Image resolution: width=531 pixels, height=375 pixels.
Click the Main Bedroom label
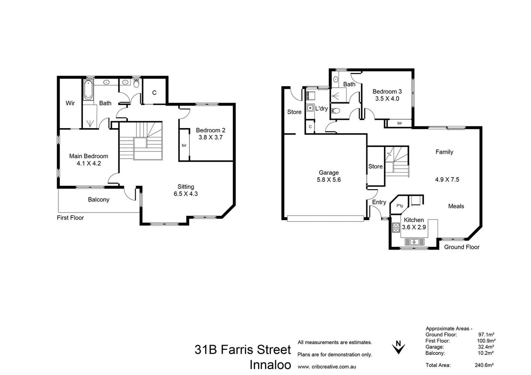[x=89, y=156]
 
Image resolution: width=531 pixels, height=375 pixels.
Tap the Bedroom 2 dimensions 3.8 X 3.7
[x=210, y=137]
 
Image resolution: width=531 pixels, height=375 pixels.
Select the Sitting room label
[x=185, y=186]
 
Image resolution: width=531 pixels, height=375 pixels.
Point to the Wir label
[x=70, y=103]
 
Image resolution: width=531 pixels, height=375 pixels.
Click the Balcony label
[x=98, y=200]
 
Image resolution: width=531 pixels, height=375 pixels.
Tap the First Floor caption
[x=70, y=218]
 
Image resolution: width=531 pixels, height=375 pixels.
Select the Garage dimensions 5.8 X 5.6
[x=329, y=180]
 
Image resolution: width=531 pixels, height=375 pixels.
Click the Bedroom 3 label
[x=387, y=92]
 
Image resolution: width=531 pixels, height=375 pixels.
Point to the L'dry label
[x=321, y=109]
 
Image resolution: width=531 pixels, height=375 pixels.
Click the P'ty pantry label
[x=400, y=206]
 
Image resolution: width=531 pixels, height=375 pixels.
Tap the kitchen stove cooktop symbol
[x=396, y=227]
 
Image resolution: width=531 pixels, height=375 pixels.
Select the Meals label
[x=456, y=206]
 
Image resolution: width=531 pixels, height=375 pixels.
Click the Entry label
[x=379, y=202]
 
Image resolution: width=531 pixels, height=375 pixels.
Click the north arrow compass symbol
[x=398, y=347]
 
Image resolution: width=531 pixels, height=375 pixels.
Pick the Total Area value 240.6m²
[x=484, y=365]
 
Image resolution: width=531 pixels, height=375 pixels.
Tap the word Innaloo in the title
[x=270, y=365]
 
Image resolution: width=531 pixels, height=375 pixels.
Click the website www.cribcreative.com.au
[x=326, y=367]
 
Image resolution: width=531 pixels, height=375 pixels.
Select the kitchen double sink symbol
[x=414, y=242]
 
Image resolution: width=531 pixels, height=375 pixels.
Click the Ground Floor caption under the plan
[x=462, y=247]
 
